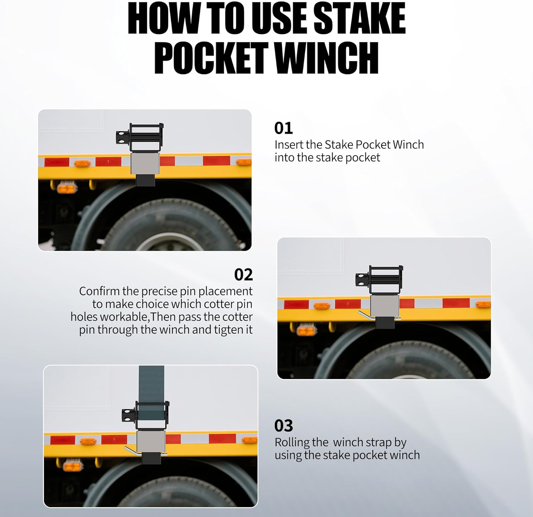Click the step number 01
(x=283, y=128)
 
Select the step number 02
(x=243, y=275)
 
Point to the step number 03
(x=284, y=426)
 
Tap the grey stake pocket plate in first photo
(x=145, y=163)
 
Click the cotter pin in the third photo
(x=132, y=451)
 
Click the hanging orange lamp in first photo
(x=67, y=188)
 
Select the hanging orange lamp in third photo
(x=72, y=465)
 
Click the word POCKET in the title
(x=211, y=58)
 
